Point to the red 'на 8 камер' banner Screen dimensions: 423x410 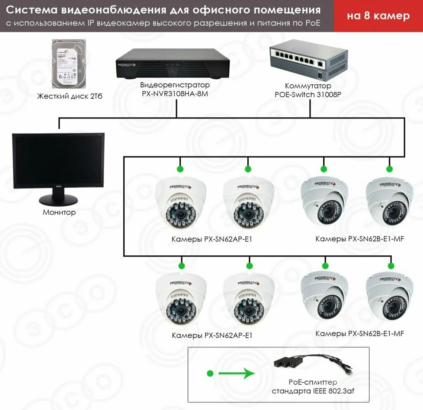pyautogui.click(x=378, y=16)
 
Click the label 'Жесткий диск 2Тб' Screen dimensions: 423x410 pyautogui.click(x=69, y=96)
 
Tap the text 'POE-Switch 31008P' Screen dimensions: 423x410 pyautogui.click(x=308, y=94)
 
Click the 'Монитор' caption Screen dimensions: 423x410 pyautogui.click(x=59, y=212)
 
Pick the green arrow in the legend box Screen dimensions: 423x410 pyautogui.click(x=235, y=374)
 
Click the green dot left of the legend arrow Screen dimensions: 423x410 pyautogui.click(x=210, y=374)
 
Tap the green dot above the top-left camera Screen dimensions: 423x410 pyautogui.click(x=180, y=169)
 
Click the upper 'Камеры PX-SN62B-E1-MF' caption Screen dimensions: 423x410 pyautogui.click(x=359, y=239)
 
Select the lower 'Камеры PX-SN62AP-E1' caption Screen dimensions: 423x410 pyautogui.click(x=212, y=335)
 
